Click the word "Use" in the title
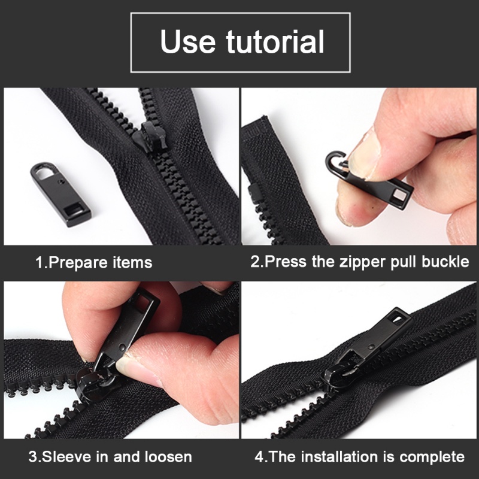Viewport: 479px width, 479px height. [187, 41]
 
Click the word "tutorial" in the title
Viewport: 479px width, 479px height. [275, 41]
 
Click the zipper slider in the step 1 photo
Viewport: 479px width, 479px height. [150, 137]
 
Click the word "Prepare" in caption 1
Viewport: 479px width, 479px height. [78, 263]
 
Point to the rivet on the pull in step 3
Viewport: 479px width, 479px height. [122, 348]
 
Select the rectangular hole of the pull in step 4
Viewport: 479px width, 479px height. [397, 317]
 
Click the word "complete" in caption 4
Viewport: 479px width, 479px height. [432, 457]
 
